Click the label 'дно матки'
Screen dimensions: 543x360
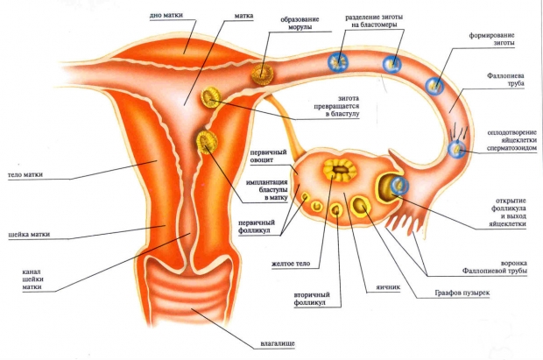click(x=166, y=15)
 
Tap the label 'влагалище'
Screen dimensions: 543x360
click(x=278, y=343)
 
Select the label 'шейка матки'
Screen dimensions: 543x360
click(x=29, y=234)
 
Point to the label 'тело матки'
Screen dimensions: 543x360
click(x=25, y=174)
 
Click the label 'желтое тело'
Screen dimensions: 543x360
click(x=291, y=264)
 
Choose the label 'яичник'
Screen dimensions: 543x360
click(x=388, y=287)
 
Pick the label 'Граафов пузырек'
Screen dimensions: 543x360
click(x=462, y=293)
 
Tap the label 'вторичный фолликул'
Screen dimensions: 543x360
click(x=312, y=299)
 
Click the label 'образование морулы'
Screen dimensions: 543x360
click(x=300, y=24)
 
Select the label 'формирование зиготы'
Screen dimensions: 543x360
click(x=491, y=39)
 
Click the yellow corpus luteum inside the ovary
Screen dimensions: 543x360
click(x=340, y=169)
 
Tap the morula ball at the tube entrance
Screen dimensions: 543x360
click(x=263, y=74)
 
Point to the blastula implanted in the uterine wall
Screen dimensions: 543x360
click(x=207, y=142)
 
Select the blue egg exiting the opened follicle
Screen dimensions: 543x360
click(x=399, y=185)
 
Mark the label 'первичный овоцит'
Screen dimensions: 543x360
click(x=268, y=156)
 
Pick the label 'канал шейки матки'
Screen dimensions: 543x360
click(x=32, y=279)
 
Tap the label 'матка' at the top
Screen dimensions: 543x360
click(x=243, y=16)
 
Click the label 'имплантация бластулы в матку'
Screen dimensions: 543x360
click(x=266, y=190)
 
